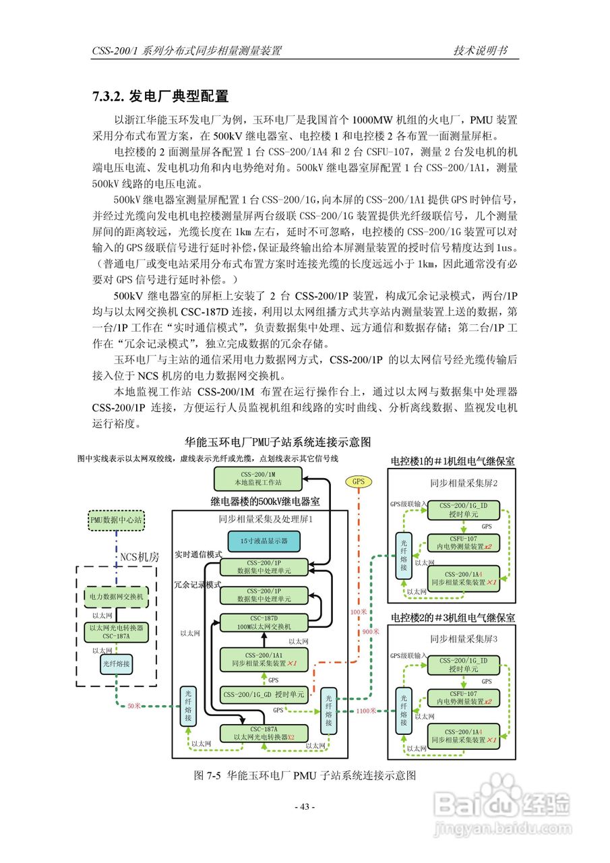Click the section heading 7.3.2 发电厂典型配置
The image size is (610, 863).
point(160,96)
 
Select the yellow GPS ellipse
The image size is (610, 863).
point(358,481)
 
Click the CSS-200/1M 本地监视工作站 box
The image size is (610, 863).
point(257,479)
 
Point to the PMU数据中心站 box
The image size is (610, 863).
point(116,520)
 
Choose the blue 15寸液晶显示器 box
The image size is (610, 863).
point(264,541)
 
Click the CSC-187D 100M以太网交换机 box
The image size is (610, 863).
point(264,622)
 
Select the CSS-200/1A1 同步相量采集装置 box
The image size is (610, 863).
point(264,659)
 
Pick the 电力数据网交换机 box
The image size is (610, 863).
point(116,597)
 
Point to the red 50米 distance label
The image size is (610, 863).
point(133,706)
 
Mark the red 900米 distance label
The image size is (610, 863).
point(371,632)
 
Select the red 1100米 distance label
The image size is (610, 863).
point(367,711)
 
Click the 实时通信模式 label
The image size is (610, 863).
point(198,554)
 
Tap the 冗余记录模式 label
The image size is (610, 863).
point(198,585)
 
